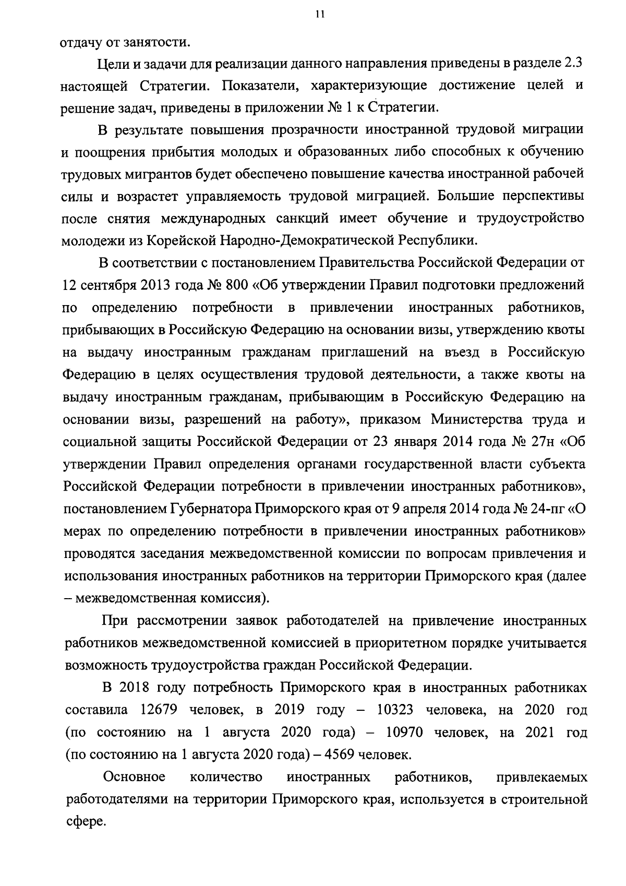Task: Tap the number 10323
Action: tap(396, 710)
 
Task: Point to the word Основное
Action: tap(135, 777)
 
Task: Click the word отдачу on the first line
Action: tap(78, 41)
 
